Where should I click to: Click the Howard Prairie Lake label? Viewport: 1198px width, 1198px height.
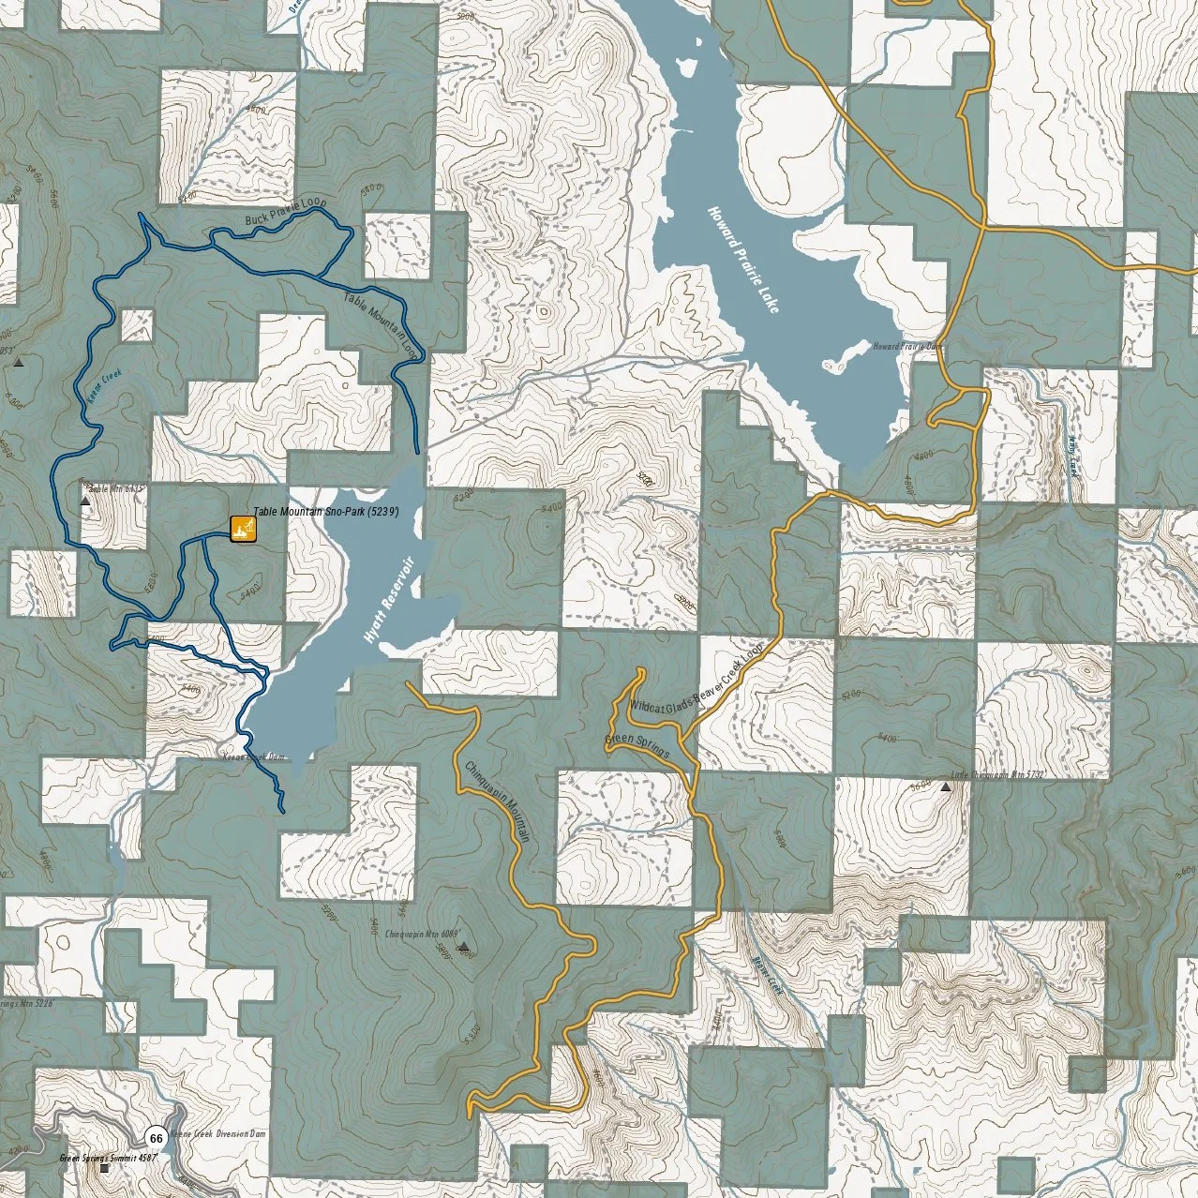point(743,259)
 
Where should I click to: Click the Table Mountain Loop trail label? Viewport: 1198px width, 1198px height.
point(380,324)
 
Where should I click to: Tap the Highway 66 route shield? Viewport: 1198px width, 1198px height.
point(156,1138)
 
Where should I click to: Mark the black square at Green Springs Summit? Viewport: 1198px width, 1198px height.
point(104,1168)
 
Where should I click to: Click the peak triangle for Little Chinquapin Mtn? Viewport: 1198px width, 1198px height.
point(945,787)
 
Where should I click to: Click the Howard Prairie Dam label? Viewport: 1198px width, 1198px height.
point(907,346)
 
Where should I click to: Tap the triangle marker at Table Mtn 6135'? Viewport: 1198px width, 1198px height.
point(85,502)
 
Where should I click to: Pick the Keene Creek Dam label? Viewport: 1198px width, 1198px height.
point(252,756)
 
